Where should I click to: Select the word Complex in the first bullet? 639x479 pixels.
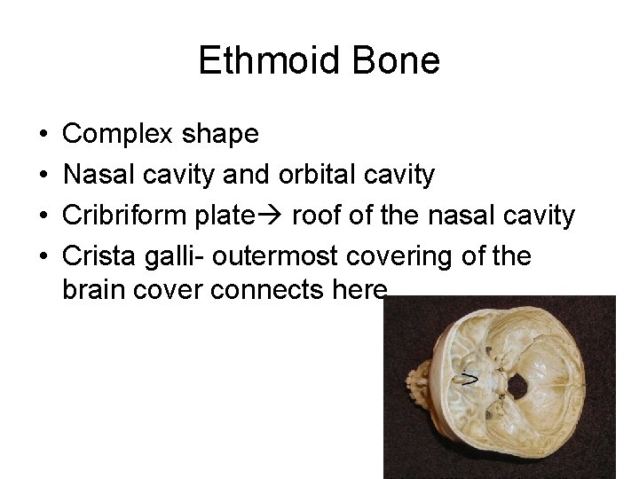click(x=118, y=134)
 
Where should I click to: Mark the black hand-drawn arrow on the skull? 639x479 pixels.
click(x=469, y=380)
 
